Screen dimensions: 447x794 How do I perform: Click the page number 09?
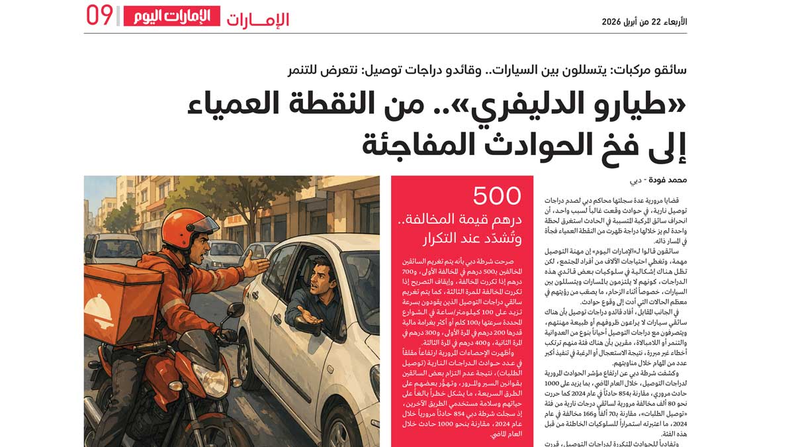(x=99, y=16)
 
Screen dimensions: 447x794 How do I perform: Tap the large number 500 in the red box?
(x=497, y=197)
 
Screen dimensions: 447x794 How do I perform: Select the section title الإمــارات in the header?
(x=258, y=19)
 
